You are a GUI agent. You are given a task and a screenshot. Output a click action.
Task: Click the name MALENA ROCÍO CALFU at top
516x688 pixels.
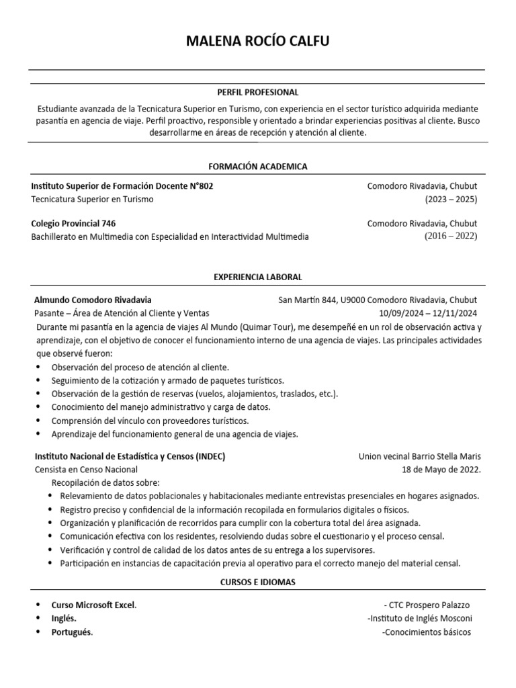click(258, 42)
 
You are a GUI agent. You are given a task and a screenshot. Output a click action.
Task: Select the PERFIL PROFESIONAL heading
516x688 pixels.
click(257, 92)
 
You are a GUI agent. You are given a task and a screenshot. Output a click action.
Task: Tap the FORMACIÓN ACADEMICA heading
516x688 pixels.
click(257, 166)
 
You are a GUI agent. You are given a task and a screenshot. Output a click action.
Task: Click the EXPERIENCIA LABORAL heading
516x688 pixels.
click(257, 277)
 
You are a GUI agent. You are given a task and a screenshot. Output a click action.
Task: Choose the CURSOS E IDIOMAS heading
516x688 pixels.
click(257, 582)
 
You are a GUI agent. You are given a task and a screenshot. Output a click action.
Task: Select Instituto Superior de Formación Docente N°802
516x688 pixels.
click(122, 185)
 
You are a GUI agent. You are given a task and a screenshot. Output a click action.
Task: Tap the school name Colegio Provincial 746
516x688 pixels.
click(78, 223)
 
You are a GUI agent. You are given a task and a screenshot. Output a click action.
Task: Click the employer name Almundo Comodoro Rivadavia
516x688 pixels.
click(93, 300)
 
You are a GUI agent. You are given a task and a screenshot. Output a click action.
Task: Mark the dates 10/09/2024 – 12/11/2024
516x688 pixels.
click(428, 313)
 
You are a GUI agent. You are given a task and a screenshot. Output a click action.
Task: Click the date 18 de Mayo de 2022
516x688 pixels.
click(441, 470)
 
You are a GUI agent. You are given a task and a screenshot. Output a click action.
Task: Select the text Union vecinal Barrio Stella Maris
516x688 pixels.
click(420, 456)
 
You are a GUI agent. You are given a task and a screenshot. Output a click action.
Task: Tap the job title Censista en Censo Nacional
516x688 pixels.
click(85, 470)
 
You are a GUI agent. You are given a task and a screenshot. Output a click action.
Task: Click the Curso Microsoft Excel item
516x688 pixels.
click(93, 605)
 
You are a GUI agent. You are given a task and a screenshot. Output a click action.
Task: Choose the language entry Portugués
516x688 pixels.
click(72, 632)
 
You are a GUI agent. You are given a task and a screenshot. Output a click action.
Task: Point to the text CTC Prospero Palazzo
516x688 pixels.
click(427, 605)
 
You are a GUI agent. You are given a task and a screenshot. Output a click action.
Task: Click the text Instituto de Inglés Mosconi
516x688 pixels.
click(420, 618)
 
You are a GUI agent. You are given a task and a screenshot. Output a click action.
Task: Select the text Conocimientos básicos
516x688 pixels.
click(427, 632)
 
